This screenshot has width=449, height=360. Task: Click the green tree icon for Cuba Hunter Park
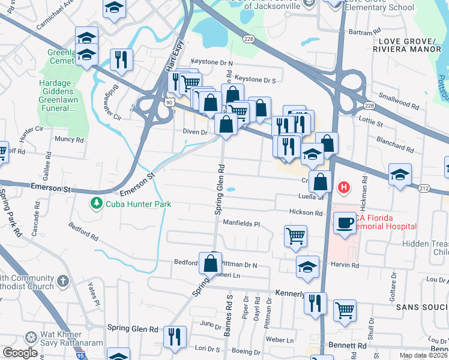[96, 204]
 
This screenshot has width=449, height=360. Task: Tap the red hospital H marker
[344, 188]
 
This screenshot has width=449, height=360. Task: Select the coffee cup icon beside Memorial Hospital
[345, 224]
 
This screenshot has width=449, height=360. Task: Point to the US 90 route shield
[170, 102]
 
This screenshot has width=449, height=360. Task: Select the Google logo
[20, 353]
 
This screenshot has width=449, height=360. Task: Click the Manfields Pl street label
[241, 224]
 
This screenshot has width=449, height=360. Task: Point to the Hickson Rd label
[306, 212]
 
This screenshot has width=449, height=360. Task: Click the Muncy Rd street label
[68, 139]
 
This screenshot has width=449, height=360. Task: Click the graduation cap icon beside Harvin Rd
[307, 266]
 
